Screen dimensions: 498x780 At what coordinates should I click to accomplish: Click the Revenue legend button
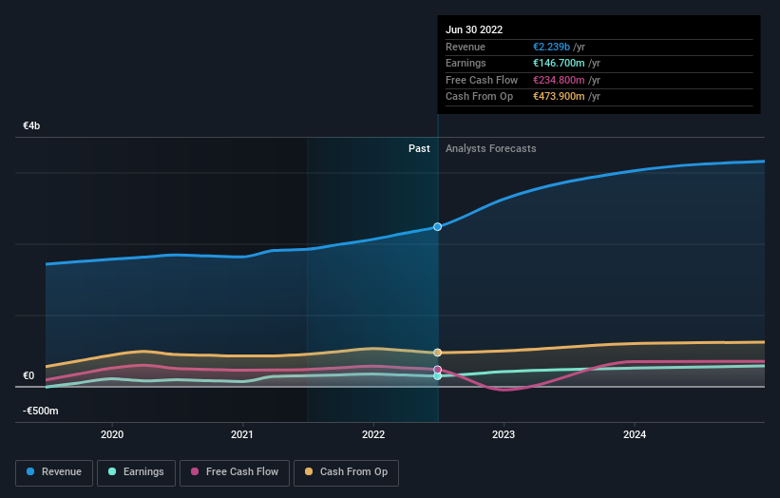(x=55, y=471)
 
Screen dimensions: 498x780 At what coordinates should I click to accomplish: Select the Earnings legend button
(x=135, y=471)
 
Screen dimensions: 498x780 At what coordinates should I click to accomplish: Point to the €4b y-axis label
(x=31, y=125)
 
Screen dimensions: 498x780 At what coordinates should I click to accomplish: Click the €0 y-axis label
(x=29, y=375)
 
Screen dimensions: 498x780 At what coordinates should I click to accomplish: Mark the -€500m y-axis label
(x=41, y=411)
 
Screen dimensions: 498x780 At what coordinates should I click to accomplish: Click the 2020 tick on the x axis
(x=112, y=434)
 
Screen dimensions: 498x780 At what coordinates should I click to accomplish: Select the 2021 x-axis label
(x=242, y=434)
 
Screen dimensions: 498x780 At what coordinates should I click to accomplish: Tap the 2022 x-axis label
(x=373, y=434)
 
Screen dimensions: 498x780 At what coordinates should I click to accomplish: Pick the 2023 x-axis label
(x=504, y=434)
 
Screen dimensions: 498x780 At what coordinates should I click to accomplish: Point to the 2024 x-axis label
(x=635, y=434)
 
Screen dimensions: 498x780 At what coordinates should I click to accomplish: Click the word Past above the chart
(x=419, y=148)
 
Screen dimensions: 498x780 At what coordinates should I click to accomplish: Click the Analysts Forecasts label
(x=490, y=148)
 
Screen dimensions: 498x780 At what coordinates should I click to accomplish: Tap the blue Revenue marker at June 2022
(x=438, y=227)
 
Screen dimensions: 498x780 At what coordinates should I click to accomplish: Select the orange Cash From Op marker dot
(x=438, y=353)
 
